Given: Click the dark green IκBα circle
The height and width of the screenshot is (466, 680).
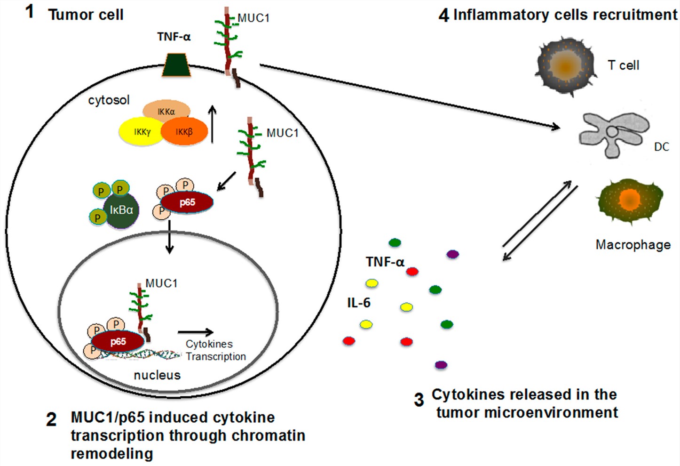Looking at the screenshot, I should tap(121, 210).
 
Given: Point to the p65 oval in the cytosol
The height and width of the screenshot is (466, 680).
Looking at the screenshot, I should tap(187, 202).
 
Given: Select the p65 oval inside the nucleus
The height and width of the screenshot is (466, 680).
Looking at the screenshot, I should tap(118, 341).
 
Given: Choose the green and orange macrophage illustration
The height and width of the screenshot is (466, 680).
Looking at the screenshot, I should tap(630, 201).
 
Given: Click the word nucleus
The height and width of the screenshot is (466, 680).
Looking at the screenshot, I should tap(157, 375).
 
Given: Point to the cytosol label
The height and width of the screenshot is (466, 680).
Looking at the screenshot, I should tap(109, 100).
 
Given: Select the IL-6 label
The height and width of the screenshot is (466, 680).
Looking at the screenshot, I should tap(358, 303).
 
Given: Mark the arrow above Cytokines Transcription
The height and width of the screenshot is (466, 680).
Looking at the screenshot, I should tap(196, 332).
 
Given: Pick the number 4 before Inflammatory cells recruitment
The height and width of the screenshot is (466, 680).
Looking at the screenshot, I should tap(443, 15).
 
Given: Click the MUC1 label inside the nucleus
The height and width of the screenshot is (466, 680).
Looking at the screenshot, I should tap(161, 283).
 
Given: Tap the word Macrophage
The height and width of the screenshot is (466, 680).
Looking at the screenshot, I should tap(633, 245).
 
